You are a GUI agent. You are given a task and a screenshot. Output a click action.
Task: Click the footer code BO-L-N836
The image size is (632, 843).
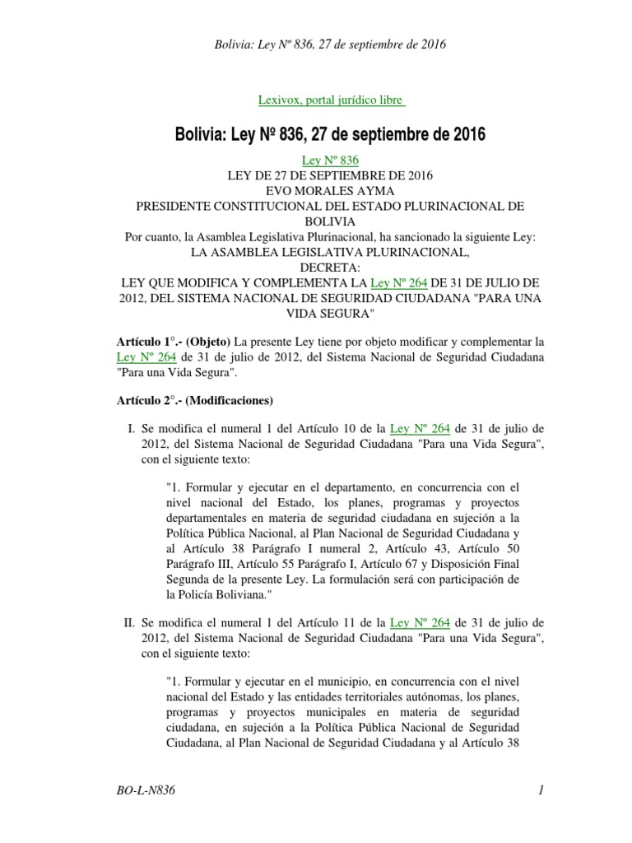click(x=147, y=791)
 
